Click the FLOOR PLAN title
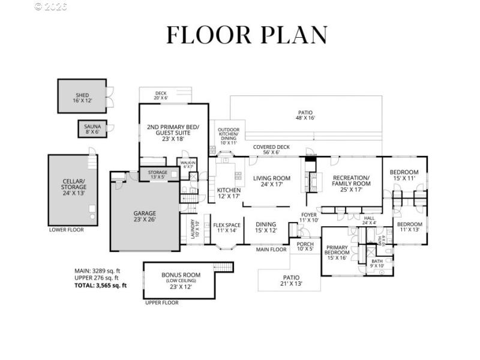click(247, 35)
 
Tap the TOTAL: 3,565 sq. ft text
click(96, 286)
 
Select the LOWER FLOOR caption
click(66, 230)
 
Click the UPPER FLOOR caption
click(161, 303)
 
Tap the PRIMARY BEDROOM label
click(337, 252)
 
